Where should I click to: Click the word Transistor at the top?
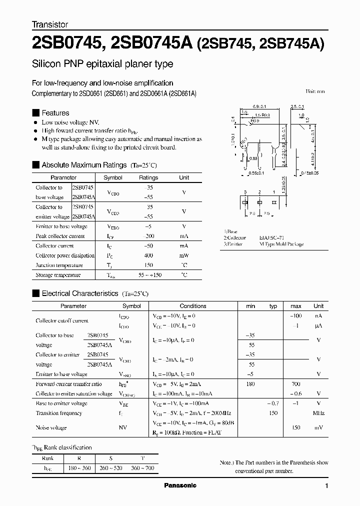(50, 24)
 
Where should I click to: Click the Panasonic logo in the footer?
(180, 485)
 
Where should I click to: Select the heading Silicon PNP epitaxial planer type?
(102, 64)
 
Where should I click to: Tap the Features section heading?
(55, 113)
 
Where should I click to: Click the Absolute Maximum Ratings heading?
(84, 165)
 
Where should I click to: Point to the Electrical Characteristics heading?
(79, 293)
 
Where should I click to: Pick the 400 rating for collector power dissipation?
(148, 255)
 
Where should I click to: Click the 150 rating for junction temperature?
(148, 265)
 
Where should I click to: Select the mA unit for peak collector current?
(184, 236)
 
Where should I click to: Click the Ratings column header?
(148, 177)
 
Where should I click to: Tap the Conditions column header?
(193, 306)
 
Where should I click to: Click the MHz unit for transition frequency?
(318, 413)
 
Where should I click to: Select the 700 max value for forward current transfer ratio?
(295, 384)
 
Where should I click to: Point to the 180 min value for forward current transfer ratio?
(250, 384)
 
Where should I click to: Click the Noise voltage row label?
(51, 427)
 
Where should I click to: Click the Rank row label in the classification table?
(48, 458)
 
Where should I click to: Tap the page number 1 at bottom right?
(326, 486)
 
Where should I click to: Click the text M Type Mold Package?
(281, 244)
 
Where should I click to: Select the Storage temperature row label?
(58, 275)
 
